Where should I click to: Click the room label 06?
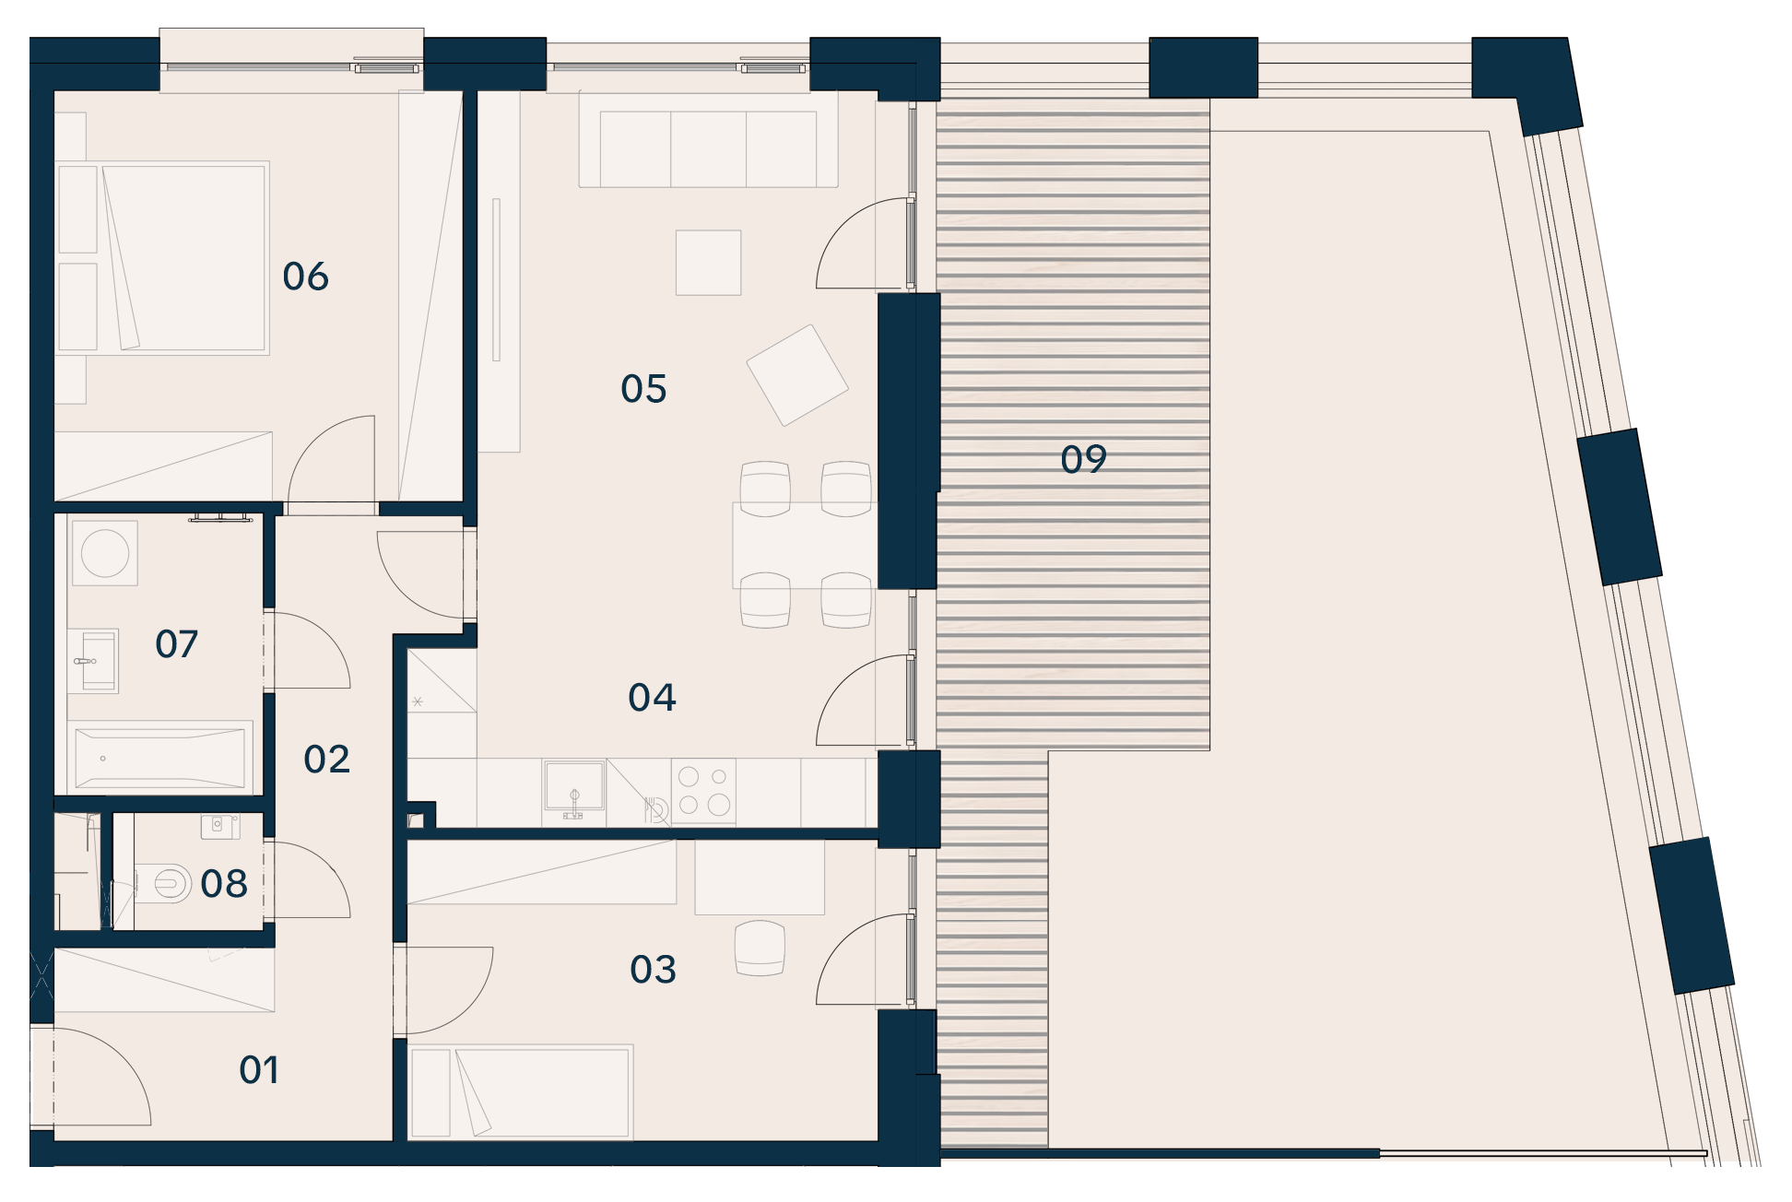[x=305, y=277]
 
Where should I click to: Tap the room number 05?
[x=643, y=389]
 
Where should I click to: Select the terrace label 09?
[x=1083, y=459]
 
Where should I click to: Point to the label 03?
[x=653, y=970]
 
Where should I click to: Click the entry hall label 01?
[x=259, y=1070]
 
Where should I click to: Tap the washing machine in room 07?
[x=105, y=553]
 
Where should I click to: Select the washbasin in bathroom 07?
[x=93, y=661]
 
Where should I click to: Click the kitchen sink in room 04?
[x=574, y=790]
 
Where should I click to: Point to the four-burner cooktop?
[x=703, y=790]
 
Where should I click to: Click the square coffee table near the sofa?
[x=708, y=263]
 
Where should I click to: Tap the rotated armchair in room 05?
[x=797, y=375]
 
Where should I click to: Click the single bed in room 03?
[x=521, y=1091]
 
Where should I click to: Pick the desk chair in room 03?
[x=760, y=948]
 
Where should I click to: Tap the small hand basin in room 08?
[x=219, y=826]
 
